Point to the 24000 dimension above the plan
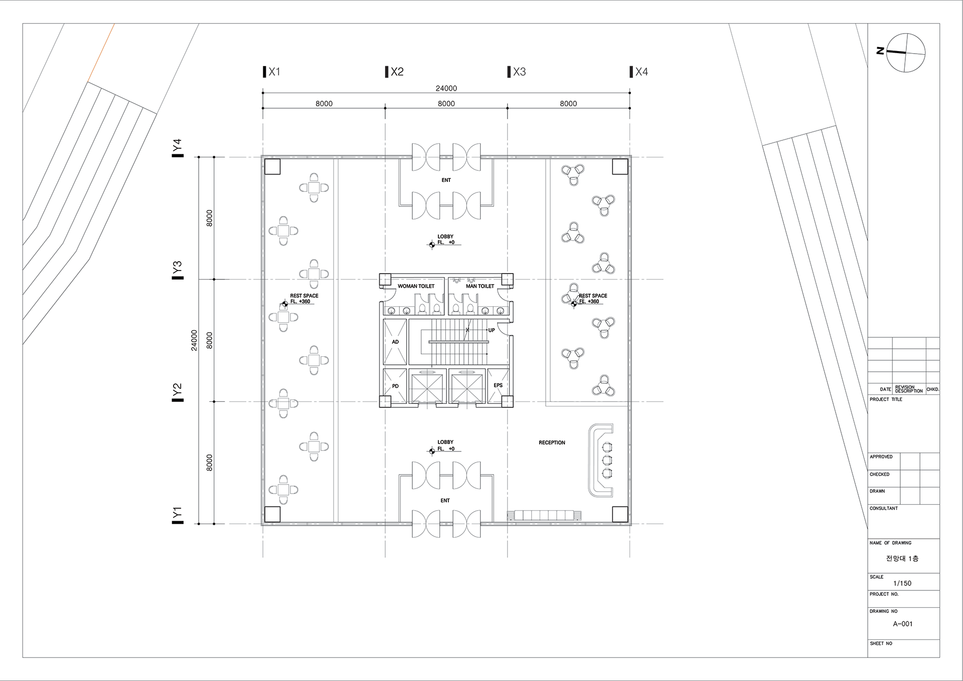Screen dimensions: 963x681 (446, 88)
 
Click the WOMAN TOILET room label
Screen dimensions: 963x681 (416, 286)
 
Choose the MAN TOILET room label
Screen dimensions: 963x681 (480, 286)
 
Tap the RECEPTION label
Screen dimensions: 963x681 (552, 442)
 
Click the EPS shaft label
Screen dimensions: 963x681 (498, 385)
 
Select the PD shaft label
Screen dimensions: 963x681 (395, 386)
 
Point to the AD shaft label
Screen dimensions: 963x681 (395, 342)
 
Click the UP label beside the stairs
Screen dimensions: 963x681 (492, 330)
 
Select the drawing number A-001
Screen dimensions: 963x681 (903, 624)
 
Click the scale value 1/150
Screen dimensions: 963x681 (902, 583)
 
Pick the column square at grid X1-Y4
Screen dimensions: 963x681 (272, 166)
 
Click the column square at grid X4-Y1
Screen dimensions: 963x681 (620, 514)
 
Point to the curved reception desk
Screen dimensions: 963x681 (592, 460)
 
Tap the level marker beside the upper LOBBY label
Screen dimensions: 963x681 (431, 245)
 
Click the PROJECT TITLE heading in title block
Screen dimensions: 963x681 (886, 399)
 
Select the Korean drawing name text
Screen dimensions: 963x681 (902, 558)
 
